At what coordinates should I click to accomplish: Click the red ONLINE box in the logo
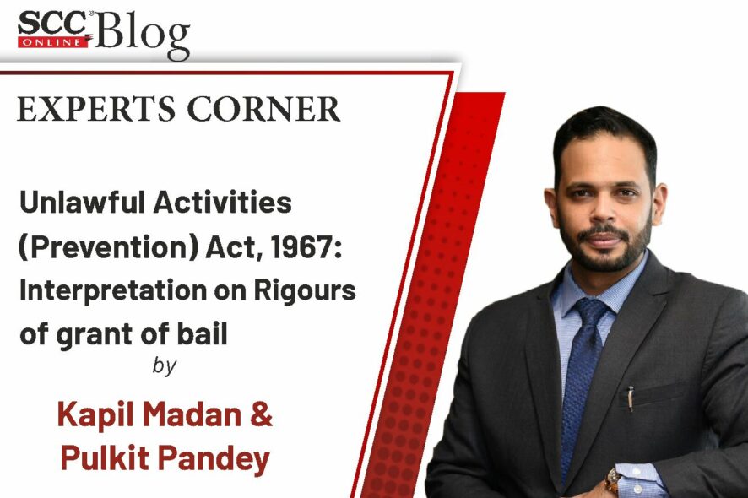click(53, 41)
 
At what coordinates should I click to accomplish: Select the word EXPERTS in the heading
click(96, 109)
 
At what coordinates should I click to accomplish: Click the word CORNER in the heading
click(263, 109)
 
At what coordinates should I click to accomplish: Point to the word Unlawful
click(82, 203)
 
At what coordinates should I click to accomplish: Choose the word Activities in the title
click(222, 203)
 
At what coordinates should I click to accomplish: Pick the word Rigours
click(305, 290)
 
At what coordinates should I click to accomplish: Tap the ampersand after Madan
click(261, 414)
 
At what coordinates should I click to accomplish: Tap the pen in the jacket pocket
click(631, 398)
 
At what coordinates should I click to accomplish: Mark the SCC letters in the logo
click(53, 24)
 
